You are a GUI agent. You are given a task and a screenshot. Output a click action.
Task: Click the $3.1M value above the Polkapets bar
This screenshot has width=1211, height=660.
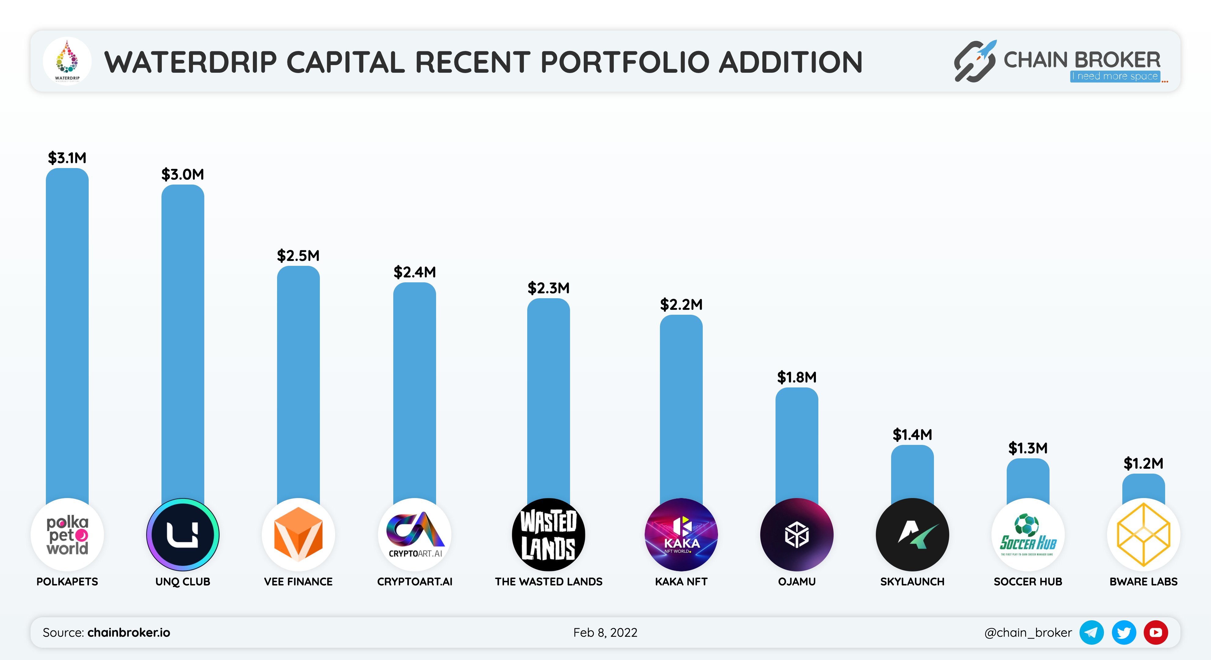67,158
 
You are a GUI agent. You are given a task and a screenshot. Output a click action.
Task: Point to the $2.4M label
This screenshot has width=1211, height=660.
415,272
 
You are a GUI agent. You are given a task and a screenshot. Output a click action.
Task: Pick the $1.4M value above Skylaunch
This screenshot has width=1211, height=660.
912,435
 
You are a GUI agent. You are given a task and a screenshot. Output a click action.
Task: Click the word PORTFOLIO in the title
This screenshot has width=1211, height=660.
625,62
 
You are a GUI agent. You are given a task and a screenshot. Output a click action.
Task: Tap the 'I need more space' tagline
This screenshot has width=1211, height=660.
1115,76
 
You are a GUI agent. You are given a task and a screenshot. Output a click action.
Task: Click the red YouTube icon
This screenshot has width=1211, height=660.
1156,632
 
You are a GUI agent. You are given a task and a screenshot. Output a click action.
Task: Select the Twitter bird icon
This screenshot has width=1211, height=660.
1124,632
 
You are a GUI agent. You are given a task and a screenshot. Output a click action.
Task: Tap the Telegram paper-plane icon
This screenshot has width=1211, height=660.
1091,632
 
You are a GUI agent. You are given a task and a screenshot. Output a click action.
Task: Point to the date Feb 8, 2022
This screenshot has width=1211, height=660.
605,632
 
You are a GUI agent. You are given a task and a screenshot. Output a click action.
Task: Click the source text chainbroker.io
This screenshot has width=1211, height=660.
128,632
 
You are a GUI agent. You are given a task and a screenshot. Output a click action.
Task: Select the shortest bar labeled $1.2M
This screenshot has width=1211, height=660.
1143,489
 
